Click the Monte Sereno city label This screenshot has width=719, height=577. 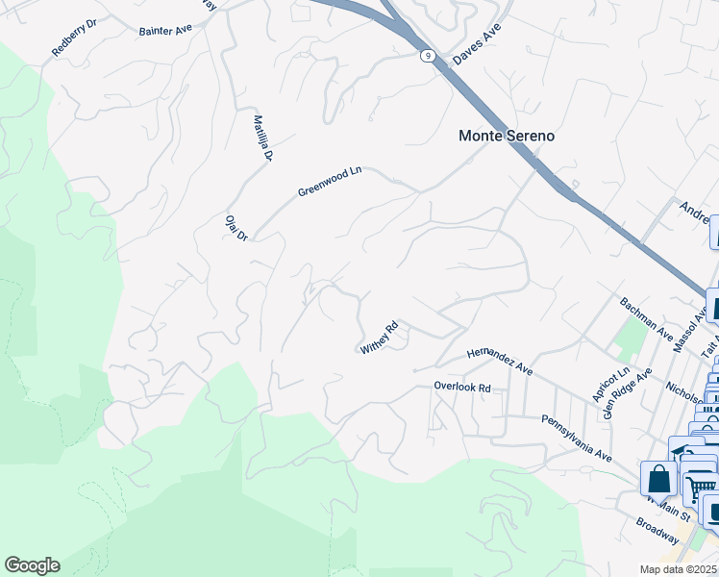tap(506, 136)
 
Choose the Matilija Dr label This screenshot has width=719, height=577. tap(263, 138)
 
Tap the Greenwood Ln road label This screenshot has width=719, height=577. tap(330, 180)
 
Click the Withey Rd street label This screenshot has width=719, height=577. tap(379, 338)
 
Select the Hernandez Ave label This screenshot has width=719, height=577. tap(499, 361)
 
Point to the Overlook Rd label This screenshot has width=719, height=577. tap(461, 388)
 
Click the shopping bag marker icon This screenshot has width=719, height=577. tap(659, 478)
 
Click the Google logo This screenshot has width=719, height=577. tap(32, 565)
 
